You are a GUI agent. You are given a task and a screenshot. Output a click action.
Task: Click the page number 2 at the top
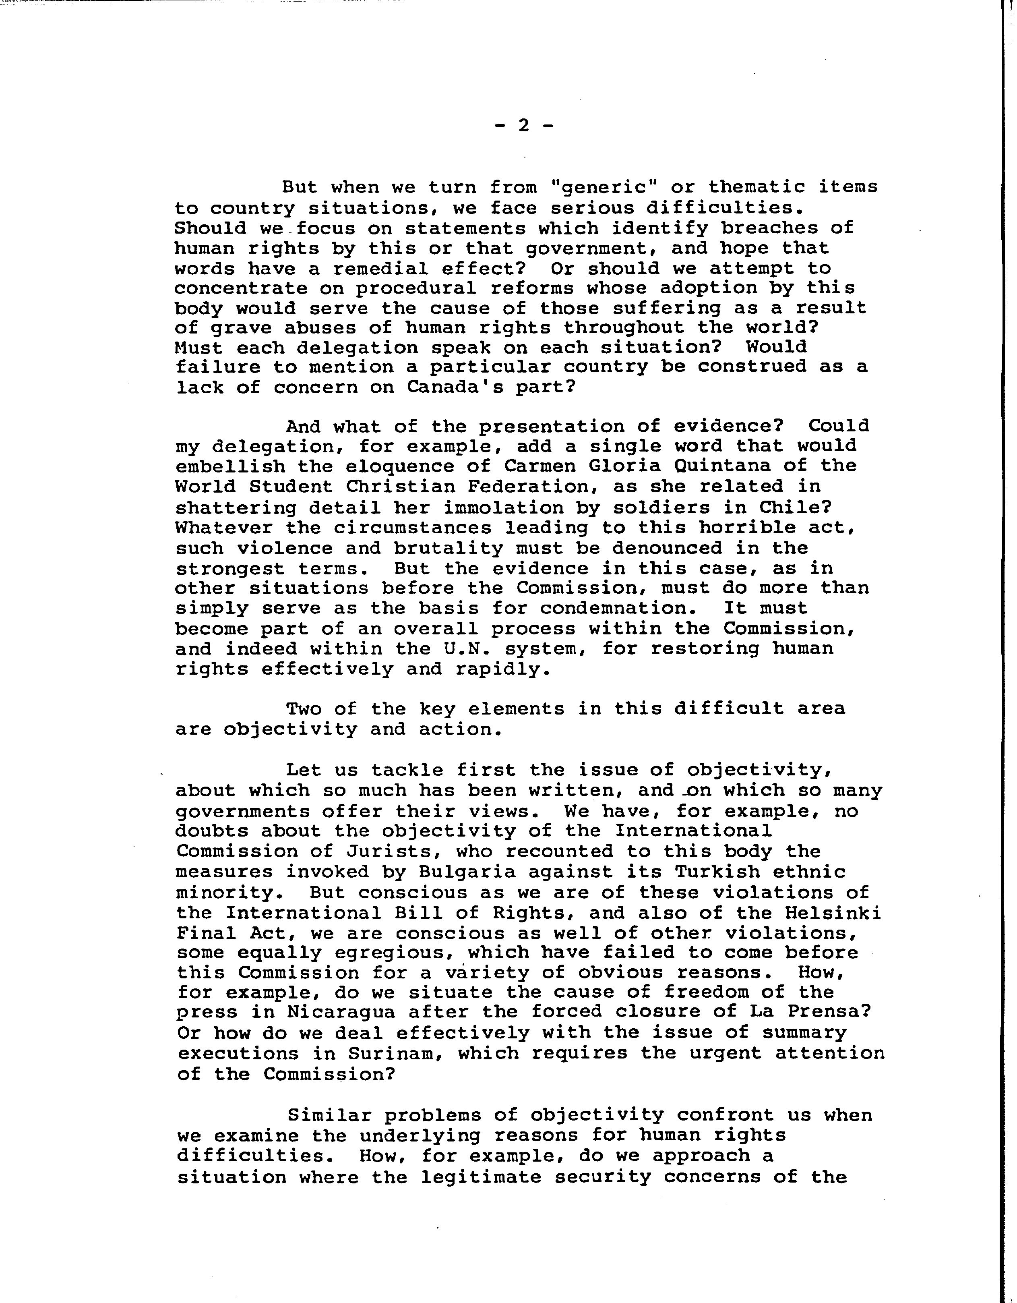(524, 126)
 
